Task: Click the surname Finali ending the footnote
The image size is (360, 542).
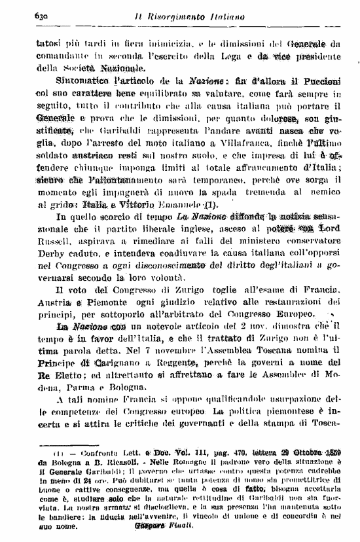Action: pos(179,526)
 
